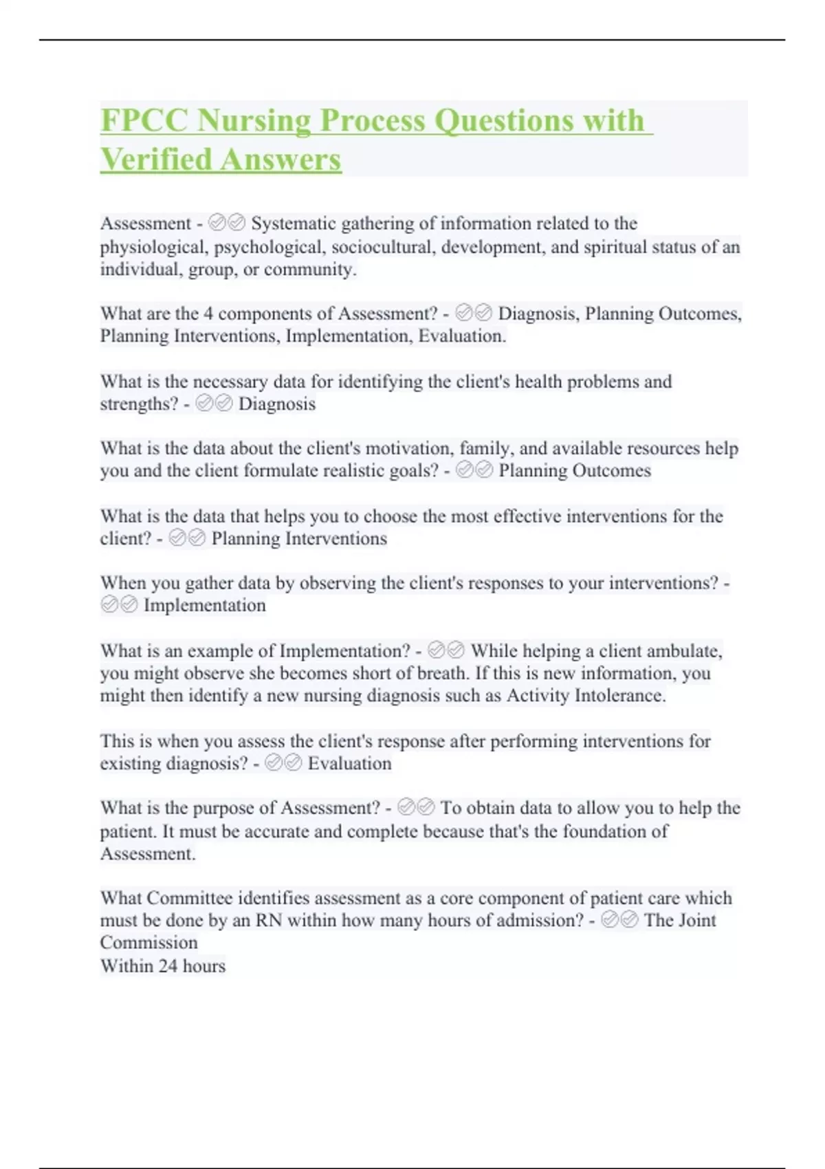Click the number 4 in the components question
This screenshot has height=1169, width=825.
(208, 314)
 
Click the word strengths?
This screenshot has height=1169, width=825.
(139, 404)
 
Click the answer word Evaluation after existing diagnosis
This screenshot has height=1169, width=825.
(349, 763)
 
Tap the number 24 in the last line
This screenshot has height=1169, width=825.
(168, 966)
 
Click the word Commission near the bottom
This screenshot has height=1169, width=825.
(148, 943)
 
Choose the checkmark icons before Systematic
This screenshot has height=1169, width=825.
(227, 223)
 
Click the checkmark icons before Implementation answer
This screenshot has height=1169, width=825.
(119, 605)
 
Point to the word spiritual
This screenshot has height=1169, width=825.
(615, 247)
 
